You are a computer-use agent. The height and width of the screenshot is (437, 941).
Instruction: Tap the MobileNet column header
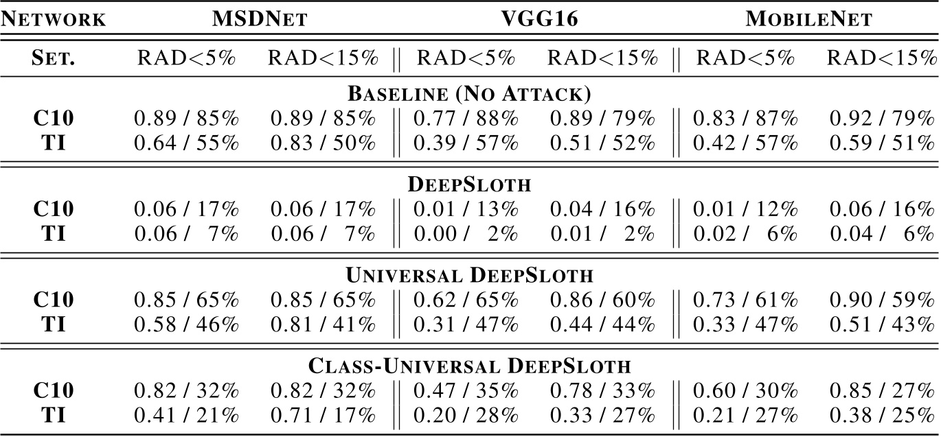coord(809,19)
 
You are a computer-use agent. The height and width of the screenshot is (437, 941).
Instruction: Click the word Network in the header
coord(53,19)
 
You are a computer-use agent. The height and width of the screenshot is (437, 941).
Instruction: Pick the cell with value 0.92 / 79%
coord(881,119)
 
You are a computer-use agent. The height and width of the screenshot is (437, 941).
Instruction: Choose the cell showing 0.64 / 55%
coord(185,143)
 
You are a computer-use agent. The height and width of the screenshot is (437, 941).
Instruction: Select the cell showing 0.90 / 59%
coord(881,300)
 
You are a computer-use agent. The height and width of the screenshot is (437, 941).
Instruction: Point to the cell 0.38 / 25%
coord(881,415)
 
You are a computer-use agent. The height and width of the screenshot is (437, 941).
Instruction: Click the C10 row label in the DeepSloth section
coord(54,209)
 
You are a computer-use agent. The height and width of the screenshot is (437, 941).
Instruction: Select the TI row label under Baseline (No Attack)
coord(54,143)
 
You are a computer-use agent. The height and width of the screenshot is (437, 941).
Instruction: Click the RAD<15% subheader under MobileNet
coord(881,58)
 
